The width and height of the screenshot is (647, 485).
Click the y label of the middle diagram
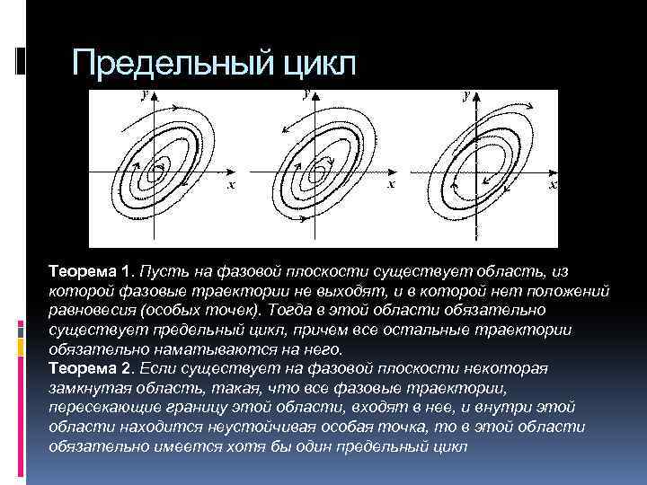(x=307, y=93)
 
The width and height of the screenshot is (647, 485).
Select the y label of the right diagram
(x=465, y=94)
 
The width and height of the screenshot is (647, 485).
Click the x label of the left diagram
(x=231, y=186)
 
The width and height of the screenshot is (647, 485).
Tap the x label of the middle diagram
(x=391, y=185)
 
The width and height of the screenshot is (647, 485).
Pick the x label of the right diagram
(x=553, y=184)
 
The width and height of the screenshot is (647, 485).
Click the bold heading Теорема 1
(x=92, y=270)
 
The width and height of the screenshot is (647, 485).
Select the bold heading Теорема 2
(x=91, y=368)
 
